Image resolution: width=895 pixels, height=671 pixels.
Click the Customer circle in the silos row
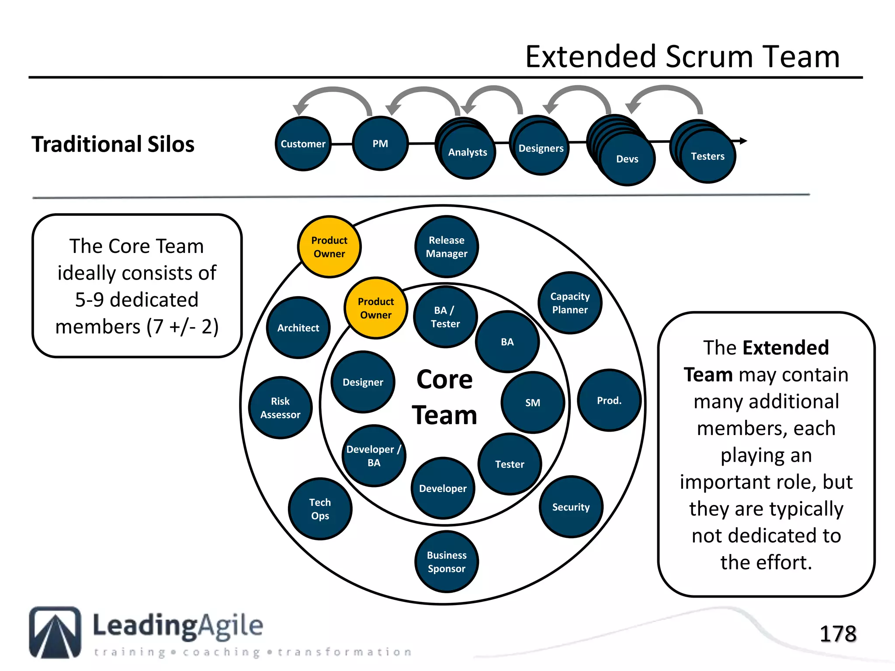pyautogui.click(x=303, y=144)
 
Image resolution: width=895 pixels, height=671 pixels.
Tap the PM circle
pyautogui.click(x=380, y=144)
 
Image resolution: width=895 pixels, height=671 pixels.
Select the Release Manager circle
pyautogui.click(x=446, y=247)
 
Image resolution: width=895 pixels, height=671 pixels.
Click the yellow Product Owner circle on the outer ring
pyautogui.click(x=329, y=247)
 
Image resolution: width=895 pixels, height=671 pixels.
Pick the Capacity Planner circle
pyautogui.click(x=570, y=303)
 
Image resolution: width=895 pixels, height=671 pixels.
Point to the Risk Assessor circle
pyautogui.click(x=280, y=408)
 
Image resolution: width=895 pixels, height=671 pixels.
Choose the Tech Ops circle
pyautogui.click(x=320, y=509)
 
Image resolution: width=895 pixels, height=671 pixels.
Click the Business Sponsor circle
pyautogui.click(x=446, y=562)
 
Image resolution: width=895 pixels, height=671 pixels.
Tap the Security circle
pyautogui.click(x=571, y=507)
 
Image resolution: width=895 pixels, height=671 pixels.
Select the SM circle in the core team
pyautogui.click(x=532, y=402)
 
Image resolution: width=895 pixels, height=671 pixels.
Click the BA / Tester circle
pyautogui.click(x=445, y=317)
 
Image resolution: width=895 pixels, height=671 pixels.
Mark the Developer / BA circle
pyautogui.click(x=374, y=456)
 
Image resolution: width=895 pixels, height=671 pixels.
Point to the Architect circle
pyautogui.click(x=298, y=328)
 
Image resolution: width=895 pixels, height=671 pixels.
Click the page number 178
pyautogui.click(x=837, y=634)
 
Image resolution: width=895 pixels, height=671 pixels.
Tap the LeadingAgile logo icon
pyautogui.click(x=55, y=632)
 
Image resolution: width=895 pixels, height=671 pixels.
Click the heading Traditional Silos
pyautogui.click(x=113, y=144)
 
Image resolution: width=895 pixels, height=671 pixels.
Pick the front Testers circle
pyautogui.click(x=708, y=156)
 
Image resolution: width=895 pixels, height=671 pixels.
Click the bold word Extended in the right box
pyautogui.click(x=785, y=348)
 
